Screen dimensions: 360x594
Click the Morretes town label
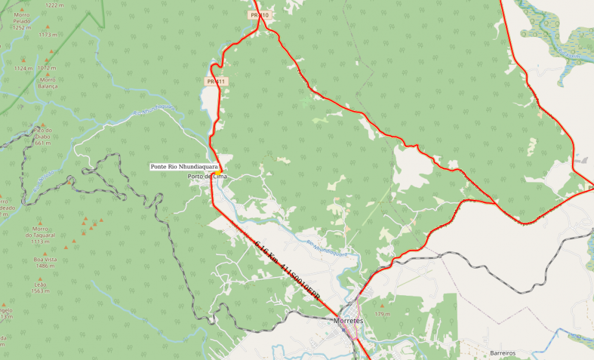347,320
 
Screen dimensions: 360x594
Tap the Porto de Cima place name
206,176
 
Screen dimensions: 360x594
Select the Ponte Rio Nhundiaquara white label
184,167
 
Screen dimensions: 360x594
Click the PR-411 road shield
216,82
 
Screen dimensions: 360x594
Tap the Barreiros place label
502,353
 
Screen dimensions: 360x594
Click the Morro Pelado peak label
21,24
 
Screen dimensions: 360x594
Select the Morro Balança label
48,82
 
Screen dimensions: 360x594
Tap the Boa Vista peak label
45,263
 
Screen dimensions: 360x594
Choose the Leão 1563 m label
40,287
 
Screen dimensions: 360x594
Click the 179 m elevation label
382,314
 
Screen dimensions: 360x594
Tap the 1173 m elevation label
48,34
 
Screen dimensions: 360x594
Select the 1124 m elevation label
23,68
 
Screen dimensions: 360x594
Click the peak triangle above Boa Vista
45,252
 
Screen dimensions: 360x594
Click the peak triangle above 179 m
382,305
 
